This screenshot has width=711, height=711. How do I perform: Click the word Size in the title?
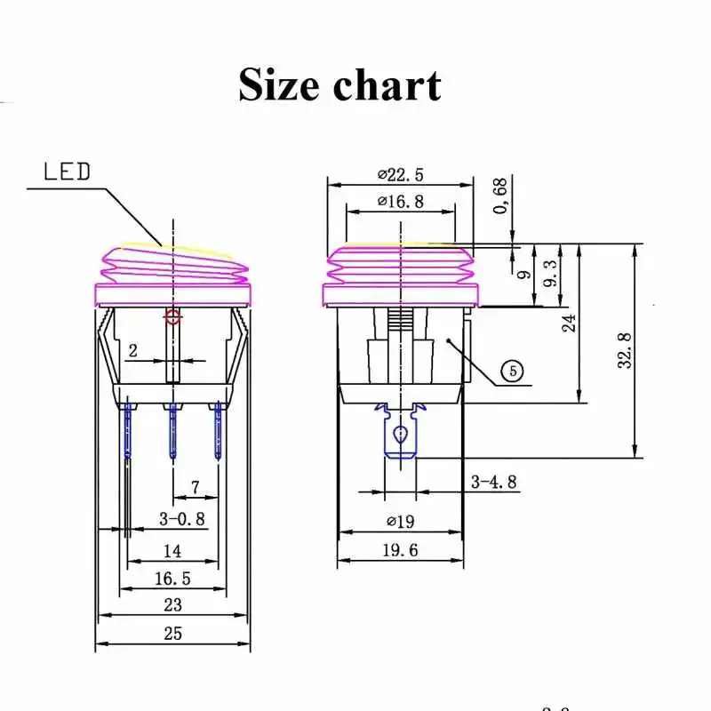click(x=278, y=84)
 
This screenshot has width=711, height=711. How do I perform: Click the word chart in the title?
click(x=387, y=84)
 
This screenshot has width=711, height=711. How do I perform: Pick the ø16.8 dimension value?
click(x=400, y=202)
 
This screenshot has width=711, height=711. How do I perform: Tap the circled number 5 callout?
click(x=513, y=371)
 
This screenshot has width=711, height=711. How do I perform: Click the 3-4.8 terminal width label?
click(x=493, y=482)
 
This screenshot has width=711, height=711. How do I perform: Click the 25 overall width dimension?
click(x=172, y=634)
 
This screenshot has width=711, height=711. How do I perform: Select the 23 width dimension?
click(x=172, y=605)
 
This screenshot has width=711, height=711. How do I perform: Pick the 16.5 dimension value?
click(x=172, y=579)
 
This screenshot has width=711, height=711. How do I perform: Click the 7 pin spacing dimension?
click(x=195, y=487)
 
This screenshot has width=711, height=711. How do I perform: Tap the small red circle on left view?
click(x=173, y=316)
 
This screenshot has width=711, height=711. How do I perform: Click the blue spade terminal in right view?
click(x=401, y=437)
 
